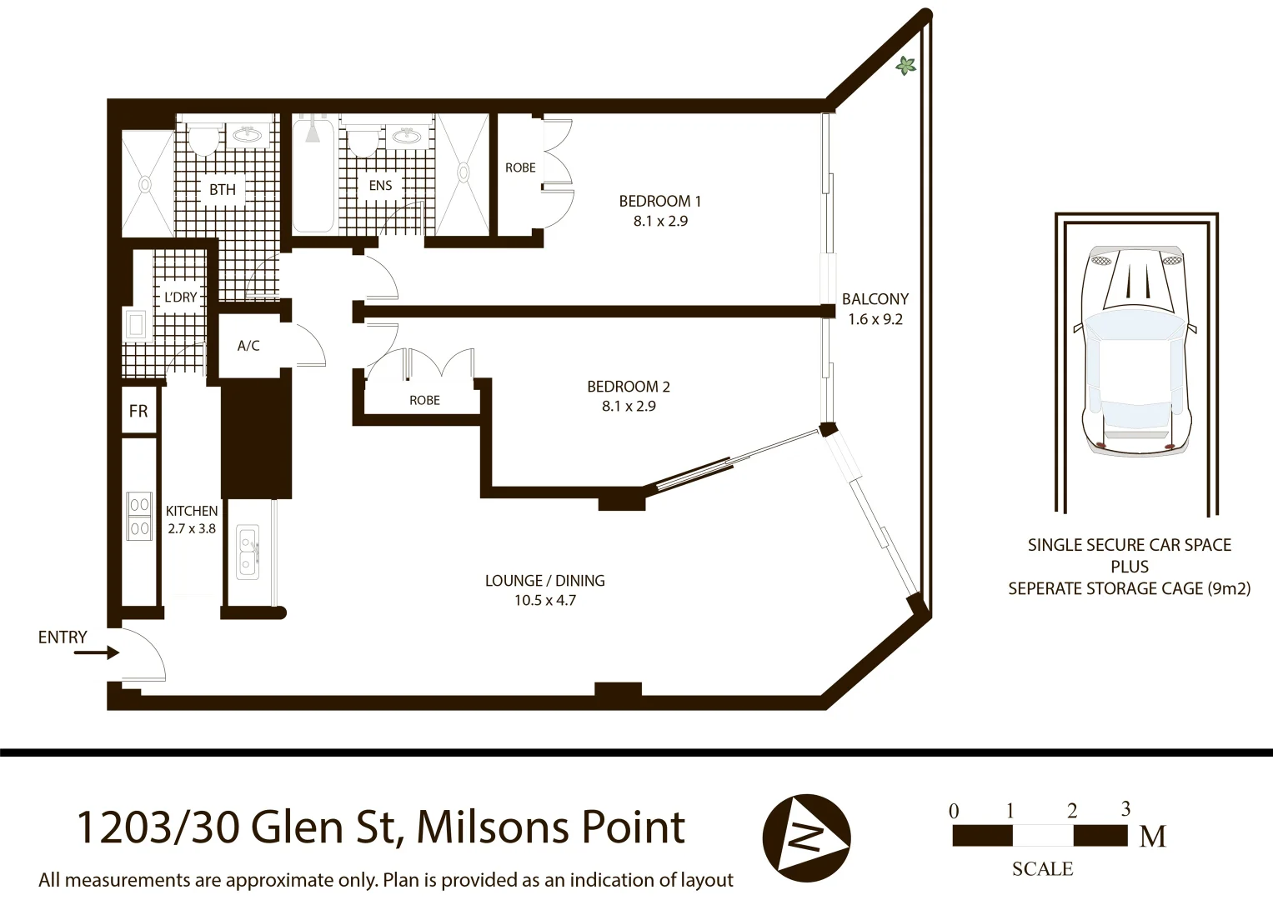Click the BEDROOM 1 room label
coord(659,201)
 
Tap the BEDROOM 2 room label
coord(628,387)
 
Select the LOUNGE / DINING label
coord(544,581)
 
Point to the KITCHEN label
coord(192,511)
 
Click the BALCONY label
coord(875,299)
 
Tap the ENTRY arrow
coord(96,653)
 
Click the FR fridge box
coord(138,411)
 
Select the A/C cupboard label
coord(248,346)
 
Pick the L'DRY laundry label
coord(180,297)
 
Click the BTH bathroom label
coord(223,190)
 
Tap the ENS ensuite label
coord(380,186)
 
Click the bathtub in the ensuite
coord(313,176)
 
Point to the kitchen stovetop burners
coord(138,517)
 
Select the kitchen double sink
coord(248,551)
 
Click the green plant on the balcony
coord(905,66)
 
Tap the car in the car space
coord(1135,350)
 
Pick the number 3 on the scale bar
coord(1125,808)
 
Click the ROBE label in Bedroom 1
coord(520,167)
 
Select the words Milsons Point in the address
coord(550,827)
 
